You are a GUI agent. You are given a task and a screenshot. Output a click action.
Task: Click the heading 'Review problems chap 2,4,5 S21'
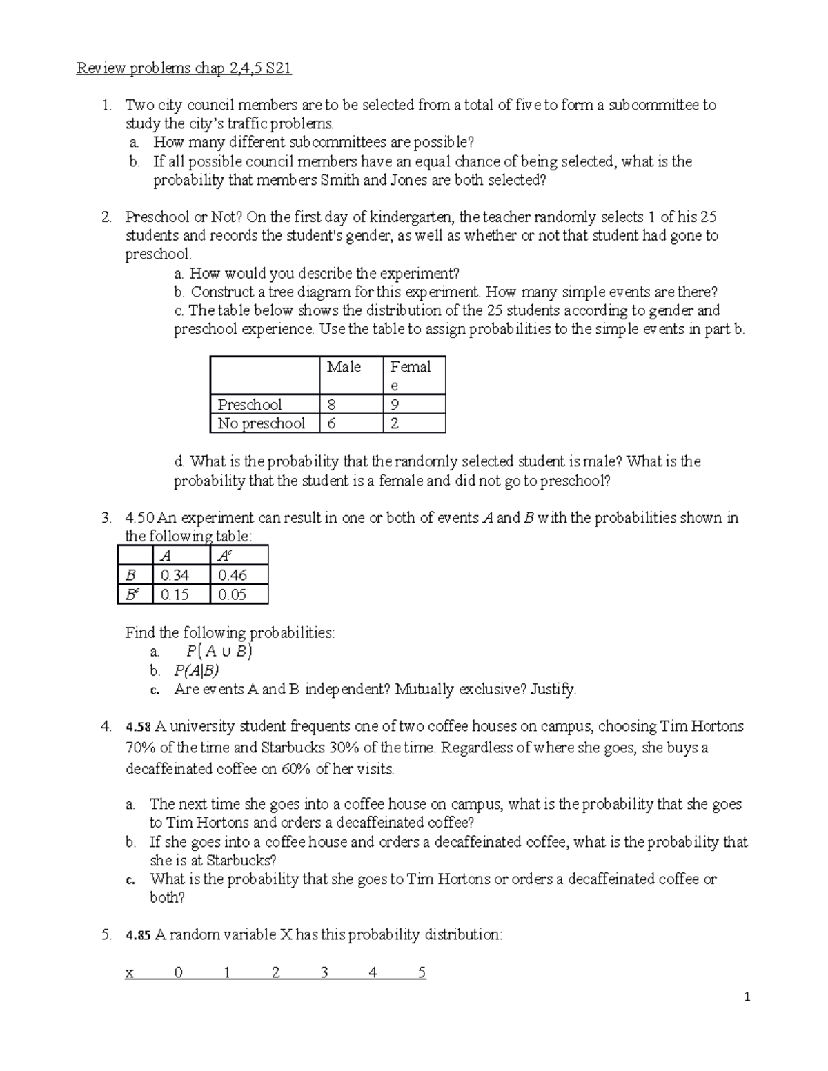(184, 68)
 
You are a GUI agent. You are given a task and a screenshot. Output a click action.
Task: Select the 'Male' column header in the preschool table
(344, 367)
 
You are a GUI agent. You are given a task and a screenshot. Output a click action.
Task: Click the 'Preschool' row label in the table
(250, 404)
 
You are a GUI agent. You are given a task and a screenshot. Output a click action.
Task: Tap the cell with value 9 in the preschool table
(394, 404)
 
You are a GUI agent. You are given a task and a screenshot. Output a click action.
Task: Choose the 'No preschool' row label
(262, 423)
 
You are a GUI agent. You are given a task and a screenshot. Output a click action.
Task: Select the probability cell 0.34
(175, 575)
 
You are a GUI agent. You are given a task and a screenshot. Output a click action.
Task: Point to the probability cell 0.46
(232, 575)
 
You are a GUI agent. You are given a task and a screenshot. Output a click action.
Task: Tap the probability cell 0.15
(175, 594)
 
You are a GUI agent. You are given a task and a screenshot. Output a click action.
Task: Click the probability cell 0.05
(232, 594)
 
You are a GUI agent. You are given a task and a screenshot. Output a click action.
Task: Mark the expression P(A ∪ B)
(219, 652)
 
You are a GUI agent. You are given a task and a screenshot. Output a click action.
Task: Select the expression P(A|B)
(197, 670)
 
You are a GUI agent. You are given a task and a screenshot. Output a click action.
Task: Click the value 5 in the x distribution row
(422, 973)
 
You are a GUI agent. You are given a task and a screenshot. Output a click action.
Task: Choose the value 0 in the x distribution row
(179, 973)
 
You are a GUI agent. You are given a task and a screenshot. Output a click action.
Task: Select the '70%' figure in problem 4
(139, 748)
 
